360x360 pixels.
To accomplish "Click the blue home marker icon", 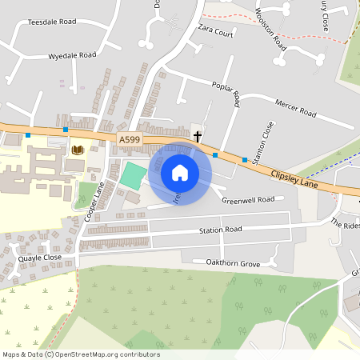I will pos(180,172).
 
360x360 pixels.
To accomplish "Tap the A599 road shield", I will pos(129,140).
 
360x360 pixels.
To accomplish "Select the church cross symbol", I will pos(198,137).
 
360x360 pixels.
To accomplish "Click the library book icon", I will pos(78,150).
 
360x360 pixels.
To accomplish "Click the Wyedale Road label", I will pos(72,56).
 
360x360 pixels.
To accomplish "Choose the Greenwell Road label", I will pos(248,199).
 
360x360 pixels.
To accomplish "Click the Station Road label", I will pos(221,230).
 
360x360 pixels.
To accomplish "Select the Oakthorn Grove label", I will pos(234,262).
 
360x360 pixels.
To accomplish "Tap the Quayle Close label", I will pos(40,258).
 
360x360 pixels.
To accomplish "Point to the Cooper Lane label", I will pos(94,201).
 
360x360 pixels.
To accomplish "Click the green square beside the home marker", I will pos(130,176).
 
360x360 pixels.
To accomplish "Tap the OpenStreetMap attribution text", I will pos(81,354).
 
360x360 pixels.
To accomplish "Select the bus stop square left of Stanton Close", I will pos(245,160).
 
